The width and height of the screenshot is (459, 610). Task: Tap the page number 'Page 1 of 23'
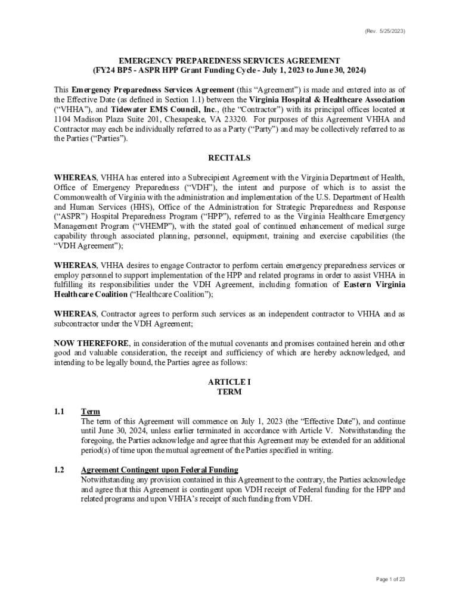pos(390,579)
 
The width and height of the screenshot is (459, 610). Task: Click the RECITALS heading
pos(229,158)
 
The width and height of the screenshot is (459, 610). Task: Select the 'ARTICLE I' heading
pos(229,381)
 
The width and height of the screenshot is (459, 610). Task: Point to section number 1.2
pos(59,469)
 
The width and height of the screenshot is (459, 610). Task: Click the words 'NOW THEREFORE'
pos(91,343)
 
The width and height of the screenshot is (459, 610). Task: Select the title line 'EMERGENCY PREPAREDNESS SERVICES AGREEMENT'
pos(229,61)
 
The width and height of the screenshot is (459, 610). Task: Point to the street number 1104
pos(64,119)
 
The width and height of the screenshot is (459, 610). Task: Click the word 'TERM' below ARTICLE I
pos(229,392)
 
